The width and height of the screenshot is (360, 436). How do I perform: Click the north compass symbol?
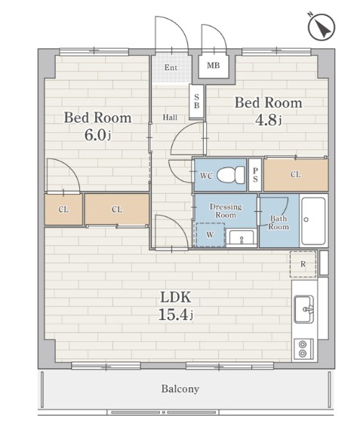322,27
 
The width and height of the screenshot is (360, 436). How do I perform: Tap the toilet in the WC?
231,175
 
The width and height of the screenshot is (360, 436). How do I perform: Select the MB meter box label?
214,66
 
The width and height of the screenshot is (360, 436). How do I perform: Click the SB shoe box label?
197,101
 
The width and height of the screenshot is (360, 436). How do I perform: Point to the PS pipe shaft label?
255,175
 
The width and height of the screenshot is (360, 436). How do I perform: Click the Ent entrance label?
171,67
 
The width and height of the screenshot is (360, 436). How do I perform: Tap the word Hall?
170,118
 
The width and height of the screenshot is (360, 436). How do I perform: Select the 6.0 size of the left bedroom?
97,135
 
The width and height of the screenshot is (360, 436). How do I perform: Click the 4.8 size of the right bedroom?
268,120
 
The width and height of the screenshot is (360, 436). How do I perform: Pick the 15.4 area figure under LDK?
176,315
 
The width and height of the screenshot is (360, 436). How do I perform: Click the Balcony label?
180,388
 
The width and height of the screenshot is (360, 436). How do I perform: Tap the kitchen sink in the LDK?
304,309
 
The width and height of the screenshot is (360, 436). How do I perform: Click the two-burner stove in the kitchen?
303,349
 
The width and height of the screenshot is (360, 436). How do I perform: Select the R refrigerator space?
303,264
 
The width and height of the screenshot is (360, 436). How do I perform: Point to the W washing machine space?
211,235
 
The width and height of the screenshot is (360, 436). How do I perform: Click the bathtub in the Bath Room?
313,221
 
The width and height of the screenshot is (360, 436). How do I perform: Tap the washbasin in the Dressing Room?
242,238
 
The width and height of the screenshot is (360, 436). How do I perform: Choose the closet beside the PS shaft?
296,174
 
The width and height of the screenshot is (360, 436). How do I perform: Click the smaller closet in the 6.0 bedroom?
63,210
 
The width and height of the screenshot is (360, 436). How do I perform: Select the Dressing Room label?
226,210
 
